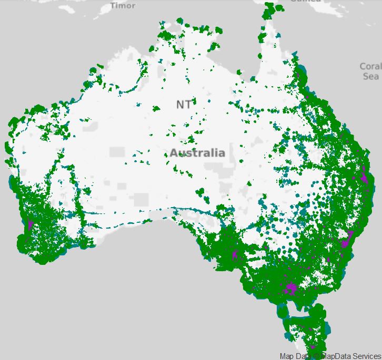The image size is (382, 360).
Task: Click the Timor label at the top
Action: pyautogui.click(x=123, y=5)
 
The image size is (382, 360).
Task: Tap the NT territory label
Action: pyautogui.click(x=184, y=105)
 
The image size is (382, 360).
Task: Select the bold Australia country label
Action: pyautogui.click(x=197, y=153)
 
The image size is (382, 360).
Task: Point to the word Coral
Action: pyautogui.click(x=370, y=67)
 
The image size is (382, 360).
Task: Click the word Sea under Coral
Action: pyautogui.click(x=370, y=76)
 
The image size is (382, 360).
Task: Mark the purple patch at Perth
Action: pyautogui.click(x=30, y=225)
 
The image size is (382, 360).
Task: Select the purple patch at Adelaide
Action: pyautogui.click(x=235, y=256)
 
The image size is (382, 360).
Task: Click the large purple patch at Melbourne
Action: pyautogui.click(x=290, y=289)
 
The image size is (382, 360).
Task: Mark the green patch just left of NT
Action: pyautogui.click(x=157, y=109)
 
